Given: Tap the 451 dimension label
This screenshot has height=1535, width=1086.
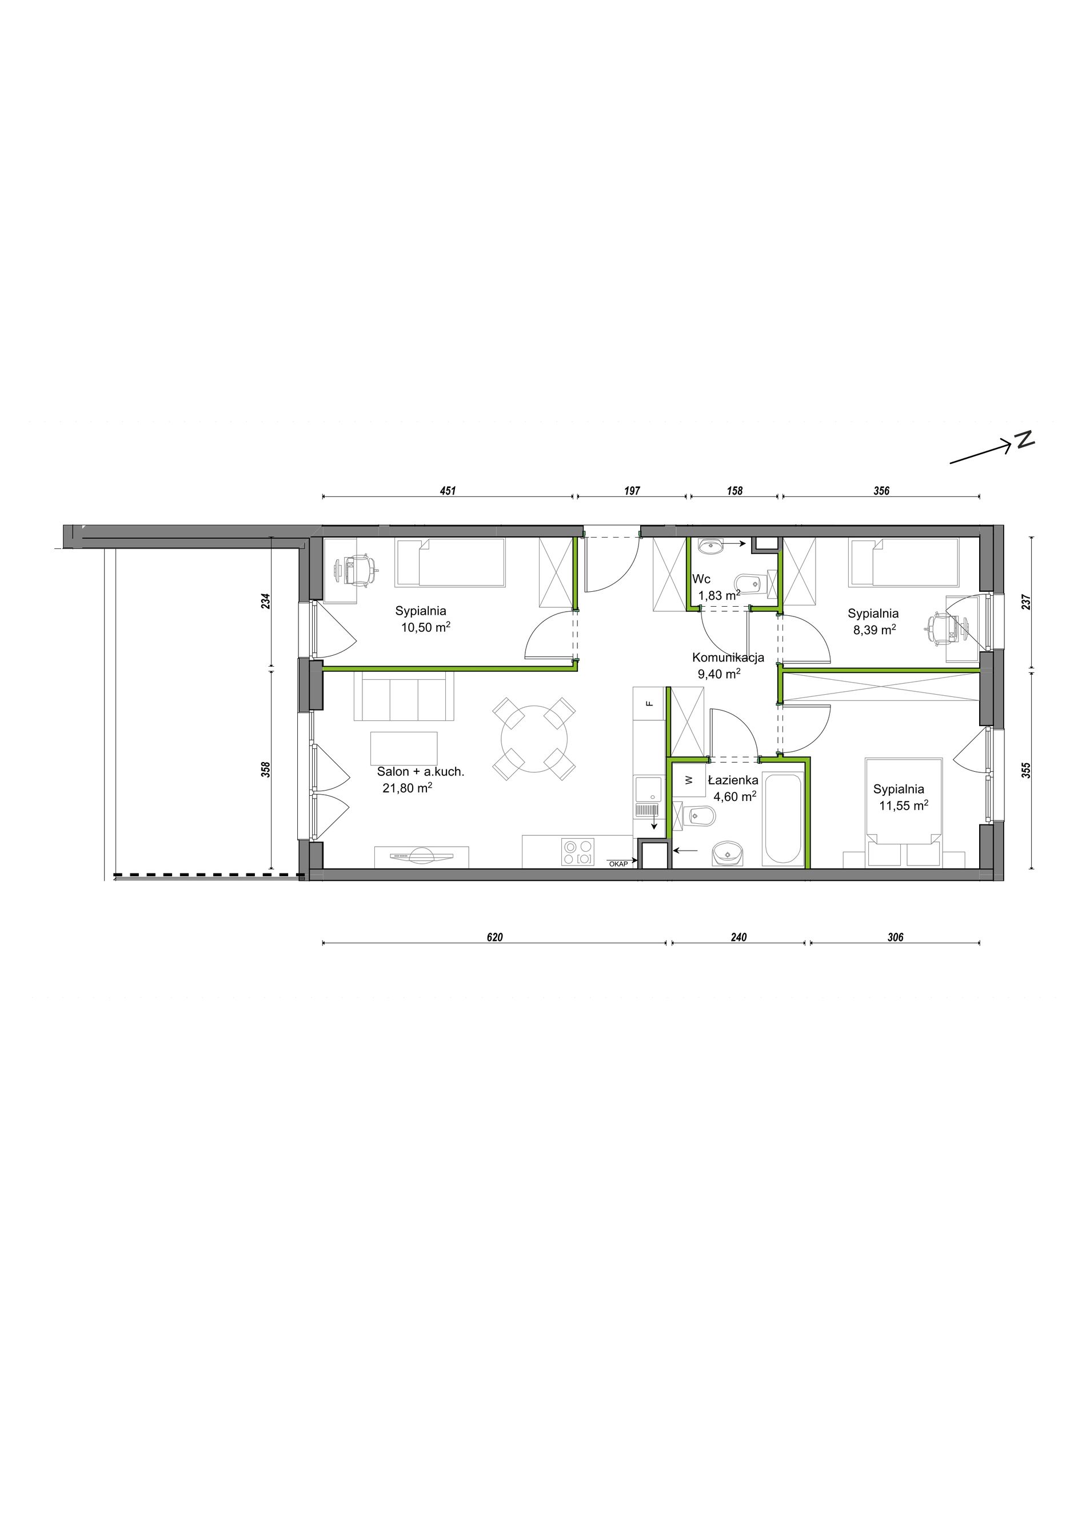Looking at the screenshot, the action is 448,491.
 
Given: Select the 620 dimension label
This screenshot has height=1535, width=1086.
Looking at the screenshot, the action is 494,937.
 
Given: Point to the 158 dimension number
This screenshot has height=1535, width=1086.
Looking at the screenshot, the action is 734,491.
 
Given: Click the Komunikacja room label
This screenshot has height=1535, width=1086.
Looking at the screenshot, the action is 728,657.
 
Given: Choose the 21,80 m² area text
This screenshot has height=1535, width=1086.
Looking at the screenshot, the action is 407,788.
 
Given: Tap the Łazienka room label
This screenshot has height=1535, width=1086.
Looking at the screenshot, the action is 733,780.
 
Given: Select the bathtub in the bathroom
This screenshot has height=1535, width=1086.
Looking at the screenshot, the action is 783,820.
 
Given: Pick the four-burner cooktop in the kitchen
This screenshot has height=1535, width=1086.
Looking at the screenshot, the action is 578,852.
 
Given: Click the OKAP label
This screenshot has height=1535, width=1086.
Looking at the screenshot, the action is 618,864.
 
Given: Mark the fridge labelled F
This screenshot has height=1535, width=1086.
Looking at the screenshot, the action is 648,703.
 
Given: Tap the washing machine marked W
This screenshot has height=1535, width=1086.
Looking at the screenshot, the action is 689,780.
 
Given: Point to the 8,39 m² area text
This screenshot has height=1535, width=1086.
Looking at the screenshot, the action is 874,629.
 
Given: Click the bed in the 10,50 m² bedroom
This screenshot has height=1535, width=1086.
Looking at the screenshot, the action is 450,562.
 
